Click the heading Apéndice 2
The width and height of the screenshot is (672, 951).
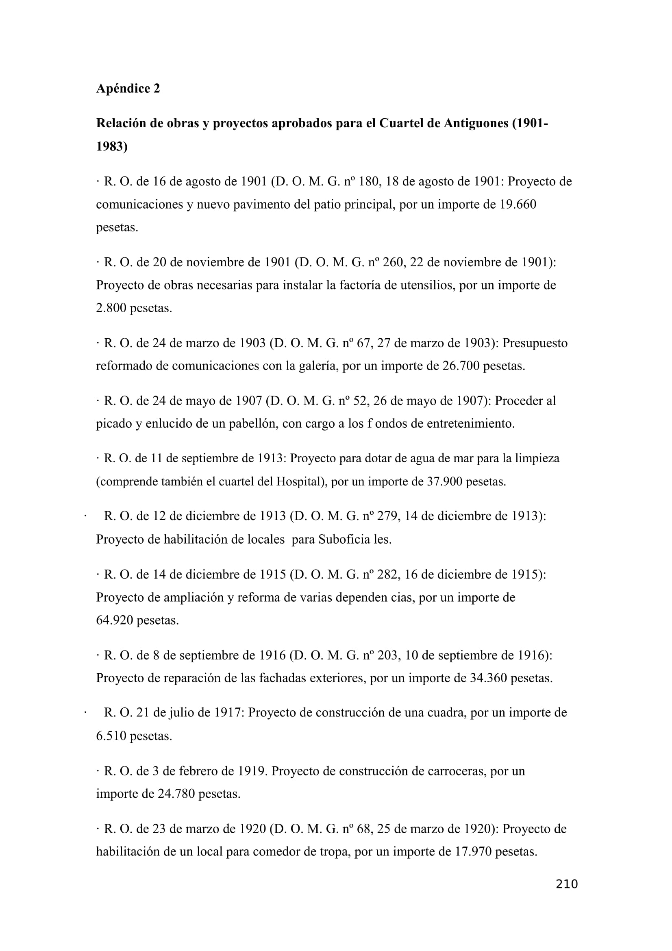[x=128, y=89]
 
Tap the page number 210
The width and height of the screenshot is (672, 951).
[x=566, y=884]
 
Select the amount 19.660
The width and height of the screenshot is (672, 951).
[x=518, y=204]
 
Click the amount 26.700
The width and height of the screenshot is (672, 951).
[x=461, y=366]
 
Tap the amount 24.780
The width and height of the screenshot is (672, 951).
[x=176, y=794]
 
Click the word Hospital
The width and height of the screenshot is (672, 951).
[x=300, y=481]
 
